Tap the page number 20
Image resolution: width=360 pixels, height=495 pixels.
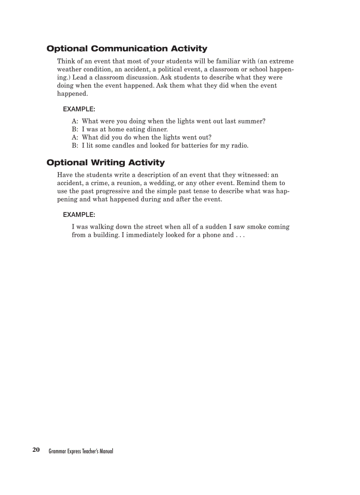(x=36, y=450)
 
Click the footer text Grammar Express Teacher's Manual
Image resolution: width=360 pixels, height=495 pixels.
(x=81, y=451)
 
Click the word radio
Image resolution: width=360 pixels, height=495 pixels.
(x=240, y=145)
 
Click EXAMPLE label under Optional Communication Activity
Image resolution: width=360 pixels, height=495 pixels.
(x=79, y=108)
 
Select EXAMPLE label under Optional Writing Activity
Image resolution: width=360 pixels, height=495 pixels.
(x=79, y=215)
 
